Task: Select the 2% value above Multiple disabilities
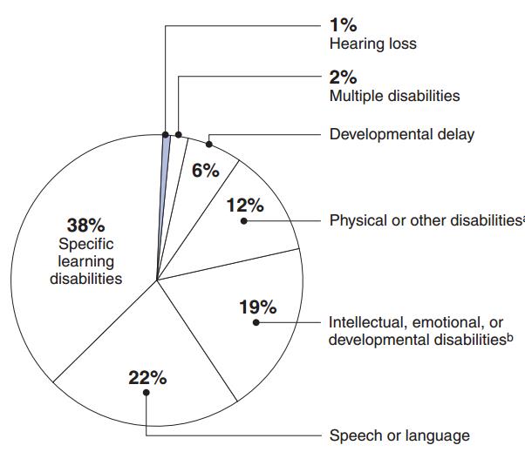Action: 344,78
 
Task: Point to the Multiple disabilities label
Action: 394,96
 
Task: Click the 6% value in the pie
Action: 205,170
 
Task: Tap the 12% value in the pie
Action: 245,206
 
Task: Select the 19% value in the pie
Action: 257,307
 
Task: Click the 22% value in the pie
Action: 147,378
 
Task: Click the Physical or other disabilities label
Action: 425,220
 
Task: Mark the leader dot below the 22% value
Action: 147,393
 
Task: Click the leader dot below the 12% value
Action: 245,220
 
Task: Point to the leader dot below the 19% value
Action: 256,322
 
